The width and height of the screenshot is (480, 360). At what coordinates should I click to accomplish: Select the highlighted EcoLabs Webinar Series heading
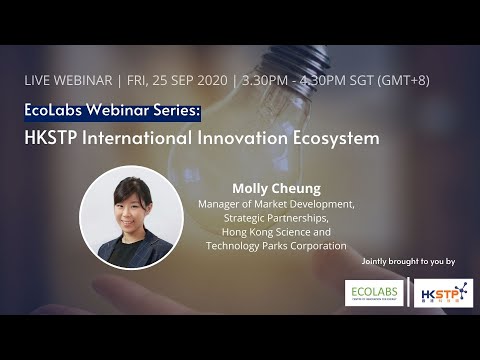point(112,110)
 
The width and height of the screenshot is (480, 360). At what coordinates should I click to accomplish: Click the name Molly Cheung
point(275,188)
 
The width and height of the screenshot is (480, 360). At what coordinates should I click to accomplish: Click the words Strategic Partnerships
point(275,217)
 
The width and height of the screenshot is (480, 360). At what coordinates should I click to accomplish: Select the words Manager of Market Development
point(275,203)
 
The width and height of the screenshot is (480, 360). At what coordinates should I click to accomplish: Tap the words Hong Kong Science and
point(275,231)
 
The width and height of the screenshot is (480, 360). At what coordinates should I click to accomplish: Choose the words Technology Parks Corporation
point(275,245)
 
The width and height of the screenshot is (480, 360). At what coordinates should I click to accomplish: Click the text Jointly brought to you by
point(410,261)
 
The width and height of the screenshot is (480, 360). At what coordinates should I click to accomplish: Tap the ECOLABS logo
point(372,292)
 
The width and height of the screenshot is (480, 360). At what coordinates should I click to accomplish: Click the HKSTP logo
point(441,292)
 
